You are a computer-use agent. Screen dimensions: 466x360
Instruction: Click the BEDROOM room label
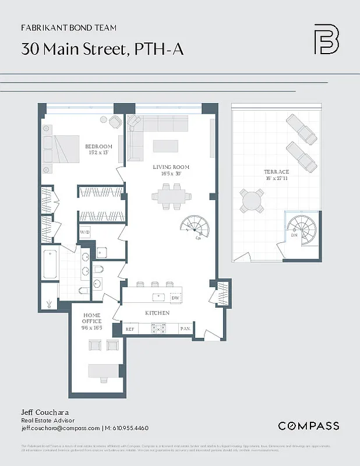tap(98, 146)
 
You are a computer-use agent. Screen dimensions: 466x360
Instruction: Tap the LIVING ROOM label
tap(171, 167)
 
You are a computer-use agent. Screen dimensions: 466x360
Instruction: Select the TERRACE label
tap(276, 172)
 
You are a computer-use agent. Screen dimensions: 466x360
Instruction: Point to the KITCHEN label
tap(157, 313)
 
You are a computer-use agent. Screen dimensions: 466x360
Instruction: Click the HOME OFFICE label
tap(91, 321)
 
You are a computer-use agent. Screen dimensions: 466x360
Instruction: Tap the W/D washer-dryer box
tap(85, 232)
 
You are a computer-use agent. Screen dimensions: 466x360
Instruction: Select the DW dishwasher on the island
tap(175, 298)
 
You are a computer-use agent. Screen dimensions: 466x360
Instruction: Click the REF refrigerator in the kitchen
tap(130, 329)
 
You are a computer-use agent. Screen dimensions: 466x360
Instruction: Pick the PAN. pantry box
tap(185, 329)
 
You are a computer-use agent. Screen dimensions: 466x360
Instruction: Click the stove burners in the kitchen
tap(158, 329)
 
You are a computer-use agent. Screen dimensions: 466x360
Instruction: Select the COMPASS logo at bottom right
tap(308, 426)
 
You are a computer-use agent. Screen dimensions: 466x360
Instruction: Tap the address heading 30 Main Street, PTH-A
tap(103, 49)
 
